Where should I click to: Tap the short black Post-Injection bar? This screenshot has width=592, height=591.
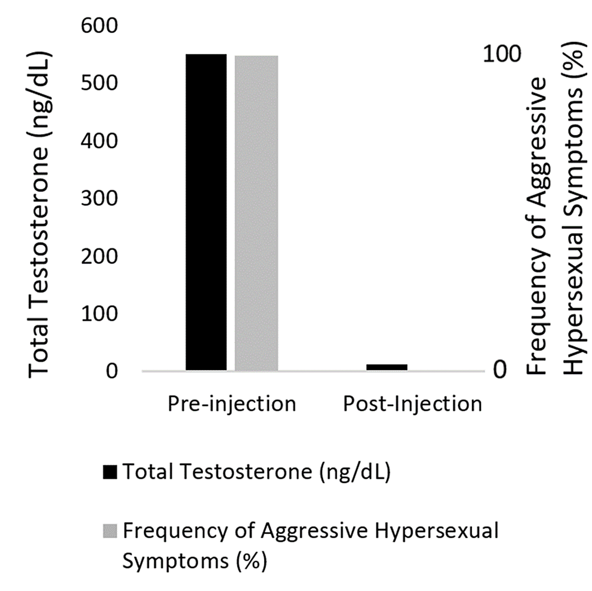(387, 367)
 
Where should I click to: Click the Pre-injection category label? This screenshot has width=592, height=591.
(231, 403)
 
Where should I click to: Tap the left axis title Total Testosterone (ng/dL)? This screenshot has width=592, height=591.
(40, 213)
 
